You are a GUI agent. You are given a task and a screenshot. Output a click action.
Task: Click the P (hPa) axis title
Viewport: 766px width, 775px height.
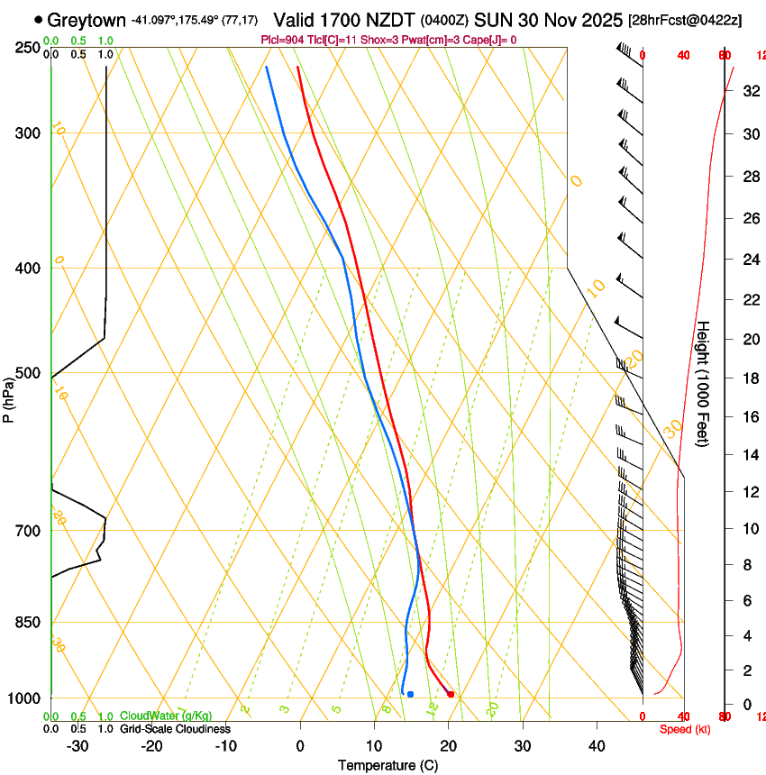click(x=8, y=397)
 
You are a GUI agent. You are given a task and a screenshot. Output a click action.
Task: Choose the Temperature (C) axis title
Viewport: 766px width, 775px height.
click(x=388, y=765)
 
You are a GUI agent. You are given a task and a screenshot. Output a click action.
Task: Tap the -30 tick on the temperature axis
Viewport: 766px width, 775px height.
click(x=78, y=745)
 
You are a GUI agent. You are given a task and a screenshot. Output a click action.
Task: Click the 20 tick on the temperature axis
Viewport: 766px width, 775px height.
click(x=448, y=745)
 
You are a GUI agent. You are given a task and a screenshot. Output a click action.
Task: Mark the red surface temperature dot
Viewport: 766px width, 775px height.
click(x=451, y=694)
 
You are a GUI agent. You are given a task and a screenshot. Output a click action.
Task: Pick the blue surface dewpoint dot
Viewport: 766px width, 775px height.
click(x=410, y=694)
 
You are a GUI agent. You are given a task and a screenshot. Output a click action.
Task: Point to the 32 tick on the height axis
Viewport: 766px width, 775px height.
click(x=749, y=91)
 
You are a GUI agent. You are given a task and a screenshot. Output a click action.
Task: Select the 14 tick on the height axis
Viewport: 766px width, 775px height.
click(x=749, y=455)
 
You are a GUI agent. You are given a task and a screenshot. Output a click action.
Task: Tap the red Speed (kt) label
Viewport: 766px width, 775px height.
click(x=685, y=729)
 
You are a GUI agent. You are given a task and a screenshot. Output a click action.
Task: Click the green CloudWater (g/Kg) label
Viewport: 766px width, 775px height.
click(x=166, y=716)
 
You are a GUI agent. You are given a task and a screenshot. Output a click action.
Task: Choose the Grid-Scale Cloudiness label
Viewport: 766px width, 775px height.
click(x=175, y=728)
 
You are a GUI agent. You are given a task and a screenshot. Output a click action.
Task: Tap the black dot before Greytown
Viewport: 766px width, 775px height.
click(x=38, y=19)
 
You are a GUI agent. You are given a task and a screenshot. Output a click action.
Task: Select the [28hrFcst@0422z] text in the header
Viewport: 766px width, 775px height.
click(x=685, y=20)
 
